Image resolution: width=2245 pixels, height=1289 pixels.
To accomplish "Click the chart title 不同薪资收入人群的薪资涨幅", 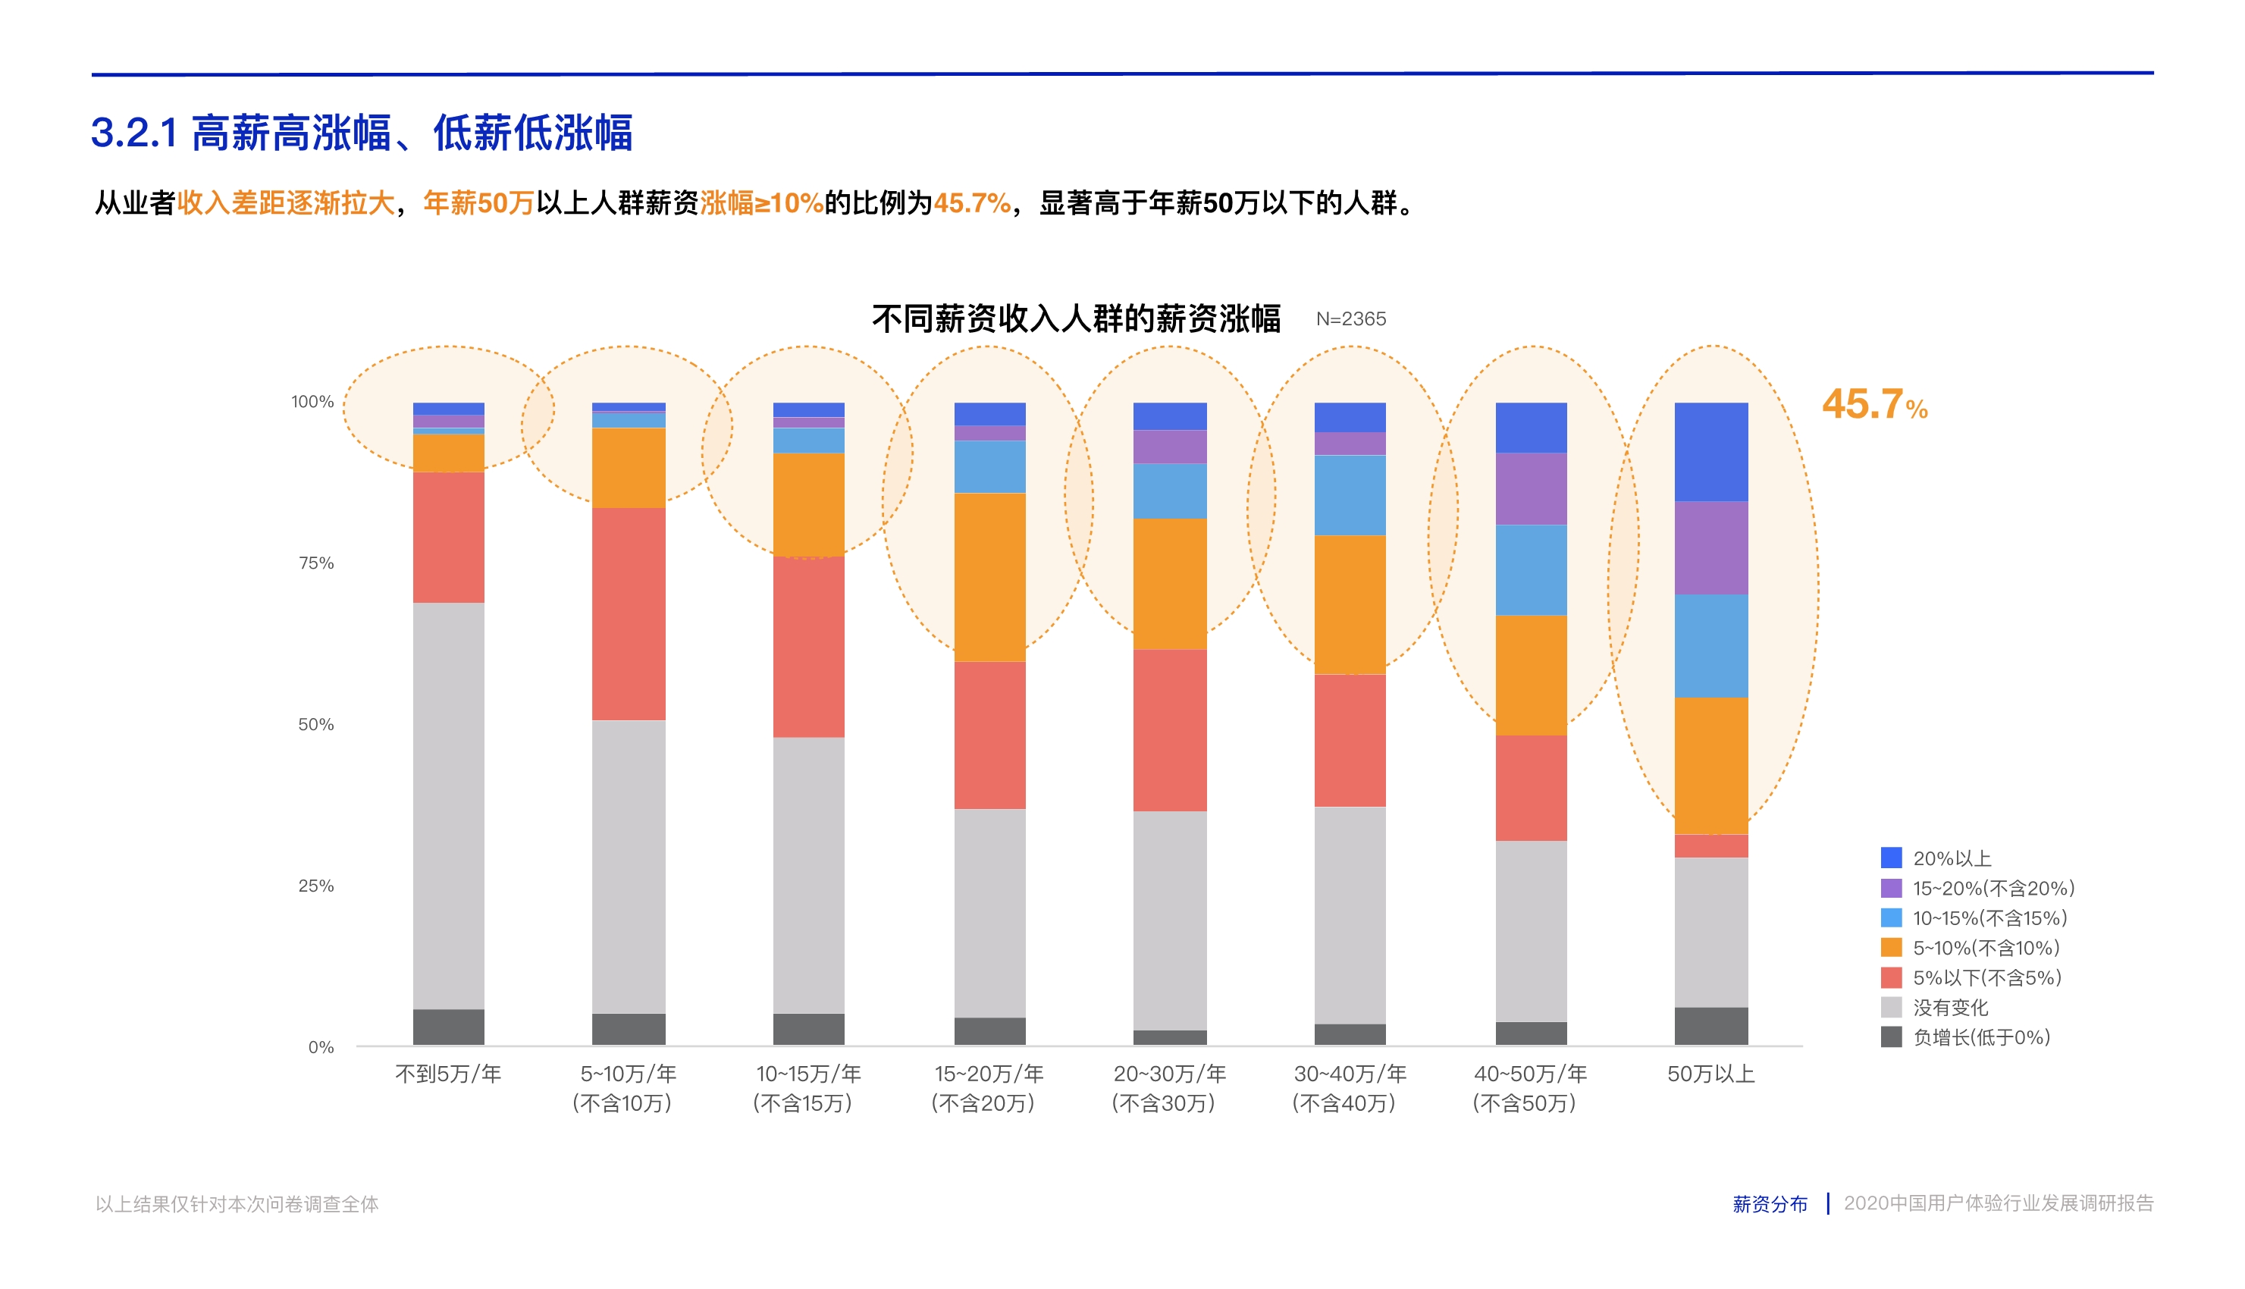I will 1076,318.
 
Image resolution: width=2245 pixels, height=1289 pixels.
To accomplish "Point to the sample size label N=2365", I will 1350,318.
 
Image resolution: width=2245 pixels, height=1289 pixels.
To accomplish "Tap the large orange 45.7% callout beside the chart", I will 1873,405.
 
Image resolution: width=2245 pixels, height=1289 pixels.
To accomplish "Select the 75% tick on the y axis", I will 316,563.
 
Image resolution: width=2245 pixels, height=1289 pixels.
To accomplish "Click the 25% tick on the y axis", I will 316,886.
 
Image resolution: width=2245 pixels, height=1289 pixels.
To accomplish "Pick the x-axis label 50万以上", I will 1710,1074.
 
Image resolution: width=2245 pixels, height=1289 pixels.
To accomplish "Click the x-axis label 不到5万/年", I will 448,1074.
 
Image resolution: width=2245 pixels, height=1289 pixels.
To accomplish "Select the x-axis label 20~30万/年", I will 1168,1074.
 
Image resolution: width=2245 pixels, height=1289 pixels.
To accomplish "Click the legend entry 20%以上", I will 1951,858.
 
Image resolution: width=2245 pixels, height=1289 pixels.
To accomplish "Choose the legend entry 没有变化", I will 1949,1008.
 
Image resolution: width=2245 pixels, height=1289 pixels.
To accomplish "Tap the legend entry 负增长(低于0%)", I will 1980,1037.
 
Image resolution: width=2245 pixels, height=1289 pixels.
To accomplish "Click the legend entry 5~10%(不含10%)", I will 1985,948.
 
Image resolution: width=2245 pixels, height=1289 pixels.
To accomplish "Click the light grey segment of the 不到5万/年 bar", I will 448,805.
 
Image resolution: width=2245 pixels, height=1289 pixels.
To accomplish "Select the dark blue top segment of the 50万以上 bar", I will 1710,451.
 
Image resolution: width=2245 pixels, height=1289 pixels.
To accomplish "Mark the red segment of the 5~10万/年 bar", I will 629,613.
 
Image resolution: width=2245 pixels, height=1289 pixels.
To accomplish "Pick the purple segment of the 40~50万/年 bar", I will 1531,489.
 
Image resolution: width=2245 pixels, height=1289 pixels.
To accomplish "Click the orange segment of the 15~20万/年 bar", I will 989,577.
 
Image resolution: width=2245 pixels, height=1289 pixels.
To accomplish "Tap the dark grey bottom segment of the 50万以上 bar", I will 1710,1026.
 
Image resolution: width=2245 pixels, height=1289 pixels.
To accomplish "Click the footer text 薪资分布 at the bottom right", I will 1769,1204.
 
